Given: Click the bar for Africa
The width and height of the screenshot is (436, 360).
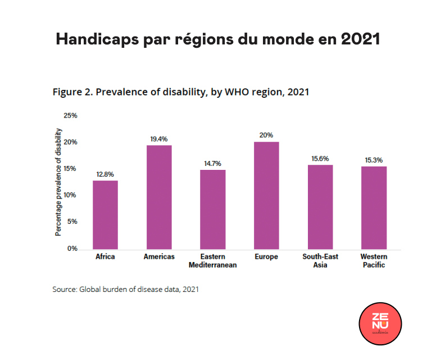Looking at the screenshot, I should click(x=105, y=214).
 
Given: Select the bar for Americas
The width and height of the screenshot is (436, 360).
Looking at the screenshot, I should click(x=159, y=197).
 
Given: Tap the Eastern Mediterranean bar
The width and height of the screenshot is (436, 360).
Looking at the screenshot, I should click(x=213, y=209).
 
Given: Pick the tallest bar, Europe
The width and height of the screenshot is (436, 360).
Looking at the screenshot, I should click(x=266, y=195).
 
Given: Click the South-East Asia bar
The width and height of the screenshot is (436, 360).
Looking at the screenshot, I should click(x=320, y=207).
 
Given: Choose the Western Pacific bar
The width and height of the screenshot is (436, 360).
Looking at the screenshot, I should click(x=374, y=208).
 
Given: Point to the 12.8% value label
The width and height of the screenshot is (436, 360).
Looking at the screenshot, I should click(x=105, y=174).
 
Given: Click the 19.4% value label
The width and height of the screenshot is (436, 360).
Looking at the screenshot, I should click(x=159, y=139).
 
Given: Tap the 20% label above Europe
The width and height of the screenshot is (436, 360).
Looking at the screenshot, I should click(x=266, y=135).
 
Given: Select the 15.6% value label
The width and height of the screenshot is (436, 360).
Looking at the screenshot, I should click(x=320, y=159).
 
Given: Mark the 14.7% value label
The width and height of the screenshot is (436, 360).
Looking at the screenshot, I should click(x=213, y=164).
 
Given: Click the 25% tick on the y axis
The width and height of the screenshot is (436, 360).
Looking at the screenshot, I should click(x=70, y=116).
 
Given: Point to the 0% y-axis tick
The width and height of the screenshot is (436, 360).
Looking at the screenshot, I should click(x=72, y=249).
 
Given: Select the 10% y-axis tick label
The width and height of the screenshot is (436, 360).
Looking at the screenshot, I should click(x=70, y=195).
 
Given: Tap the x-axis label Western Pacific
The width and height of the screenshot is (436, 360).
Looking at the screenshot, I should click(x=374, y=260).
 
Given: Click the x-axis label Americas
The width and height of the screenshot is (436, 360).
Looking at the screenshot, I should click(x=159, y=256).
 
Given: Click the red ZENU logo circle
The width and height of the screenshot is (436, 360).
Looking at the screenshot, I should click(x=380, y=325).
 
